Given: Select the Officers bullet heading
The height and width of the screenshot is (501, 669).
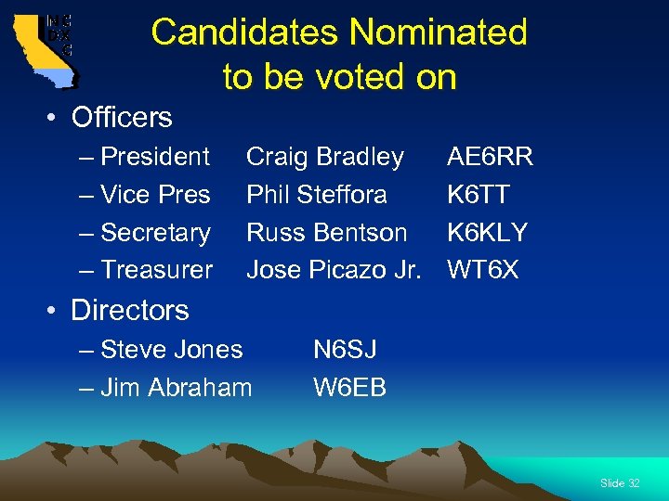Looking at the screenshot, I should click(122, 117).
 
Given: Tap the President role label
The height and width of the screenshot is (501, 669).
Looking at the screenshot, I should click(155, 156).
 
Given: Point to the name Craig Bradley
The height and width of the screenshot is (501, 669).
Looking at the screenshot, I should click(324, 157).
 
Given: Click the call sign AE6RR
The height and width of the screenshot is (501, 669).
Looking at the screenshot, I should click(490, 157).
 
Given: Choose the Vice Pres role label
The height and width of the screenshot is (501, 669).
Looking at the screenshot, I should click(155, 195).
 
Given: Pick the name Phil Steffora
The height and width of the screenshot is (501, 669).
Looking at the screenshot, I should click(317, 195).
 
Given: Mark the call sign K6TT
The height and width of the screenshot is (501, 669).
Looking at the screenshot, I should click(478, 195).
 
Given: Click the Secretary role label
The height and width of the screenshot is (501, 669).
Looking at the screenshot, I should click(155, 232).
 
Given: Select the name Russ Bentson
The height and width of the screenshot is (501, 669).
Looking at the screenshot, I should click(326, 232).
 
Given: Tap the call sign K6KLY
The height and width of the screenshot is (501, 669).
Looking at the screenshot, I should click(487, 232).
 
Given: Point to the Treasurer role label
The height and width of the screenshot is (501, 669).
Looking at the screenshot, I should click(156, 270).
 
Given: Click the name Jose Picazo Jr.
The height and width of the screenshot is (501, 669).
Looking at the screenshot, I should click(334, 270).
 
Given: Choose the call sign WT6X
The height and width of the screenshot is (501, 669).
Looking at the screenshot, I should click(483, 270).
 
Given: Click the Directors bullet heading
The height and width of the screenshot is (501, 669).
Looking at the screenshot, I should click(129, 310).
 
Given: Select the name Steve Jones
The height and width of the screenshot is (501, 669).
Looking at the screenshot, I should click(172, 349).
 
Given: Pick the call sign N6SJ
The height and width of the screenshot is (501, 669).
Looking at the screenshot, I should click(345, 349).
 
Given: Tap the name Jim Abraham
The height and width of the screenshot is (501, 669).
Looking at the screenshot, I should click(176, 387).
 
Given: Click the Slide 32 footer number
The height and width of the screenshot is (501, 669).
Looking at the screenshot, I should click(620, 483).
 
